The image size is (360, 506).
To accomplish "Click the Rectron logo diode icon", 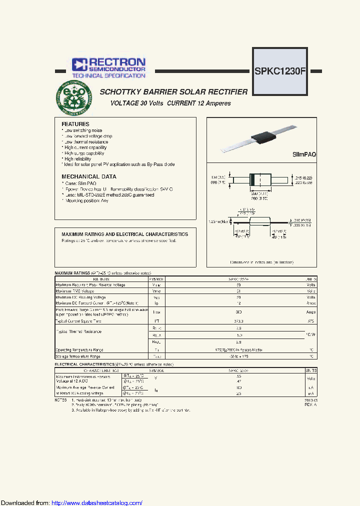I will coord(79,64).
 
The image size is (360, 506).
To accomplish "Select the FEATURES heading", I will coord(75,124).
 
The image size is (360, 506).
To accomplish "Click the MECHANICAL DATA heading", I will coord(89,176).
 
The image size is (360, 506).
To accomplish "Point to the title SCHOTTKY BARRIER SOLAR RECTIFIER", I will coord(173,92).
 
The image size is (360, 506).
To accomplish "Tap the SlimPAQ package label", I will coord(304,155).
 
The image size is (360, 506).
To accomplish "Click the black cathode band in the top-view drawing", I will coord(253,179).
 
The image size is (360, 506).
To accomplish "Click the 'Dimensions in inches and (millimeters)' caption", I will coord(261,262).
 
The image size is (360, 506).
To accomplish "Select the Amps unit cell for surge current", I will coord(310,312).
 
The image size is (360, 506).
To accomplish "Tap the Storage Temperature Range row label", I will coord(78,356).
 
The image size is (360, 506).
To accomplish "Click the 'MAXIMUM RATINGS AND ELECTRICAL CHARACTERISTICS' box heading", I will coord(124,234).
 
